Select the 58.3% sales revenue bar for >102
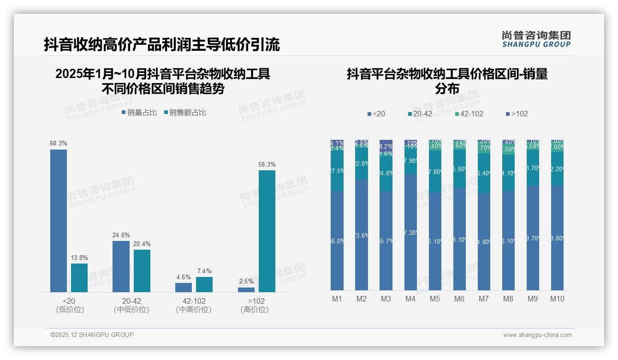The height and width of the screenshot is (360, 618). pos(267,231)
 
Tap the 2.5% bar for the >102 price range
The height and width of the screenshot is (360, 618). pos(246,289)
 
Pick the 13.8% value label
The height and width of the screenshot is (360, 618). pos(79,258)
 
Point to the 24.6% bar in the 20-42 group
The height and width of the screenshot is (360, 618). pos(121,266)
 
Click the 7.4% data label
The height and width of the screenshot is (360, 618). pos(204,271)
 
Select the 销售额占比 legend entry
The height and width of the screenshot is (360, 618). pos(184,112)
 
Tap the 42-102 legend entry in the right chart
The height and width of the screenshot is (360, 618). pos(469,114)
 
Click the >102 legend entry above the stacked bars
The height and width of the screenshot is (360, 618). pos(517,114)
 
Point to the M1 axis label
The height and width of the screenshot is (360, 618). pos(337,299)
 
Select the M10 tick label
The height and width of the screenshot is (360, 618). pos(557,299)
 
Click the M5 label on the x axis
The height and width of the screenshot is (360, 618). pos(435,299)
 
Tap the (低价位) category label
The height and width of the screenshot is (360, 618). pos(70,310)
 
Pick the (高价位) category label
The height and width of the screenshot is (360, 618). pos(254,310)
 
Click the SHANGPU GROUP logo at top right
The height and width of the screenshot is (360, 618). pos(536,39)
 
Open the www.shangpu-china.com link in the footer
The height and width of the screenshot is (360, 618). pos(537,335)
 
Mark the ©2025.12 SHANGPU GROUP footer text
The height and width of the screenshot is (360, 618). pos(92,335)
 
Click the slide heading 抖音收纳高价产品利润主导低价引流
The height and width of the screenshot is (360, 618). pos(162,44)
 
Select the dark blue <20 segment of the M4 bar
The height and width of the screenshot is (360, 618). pos(410,232)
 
